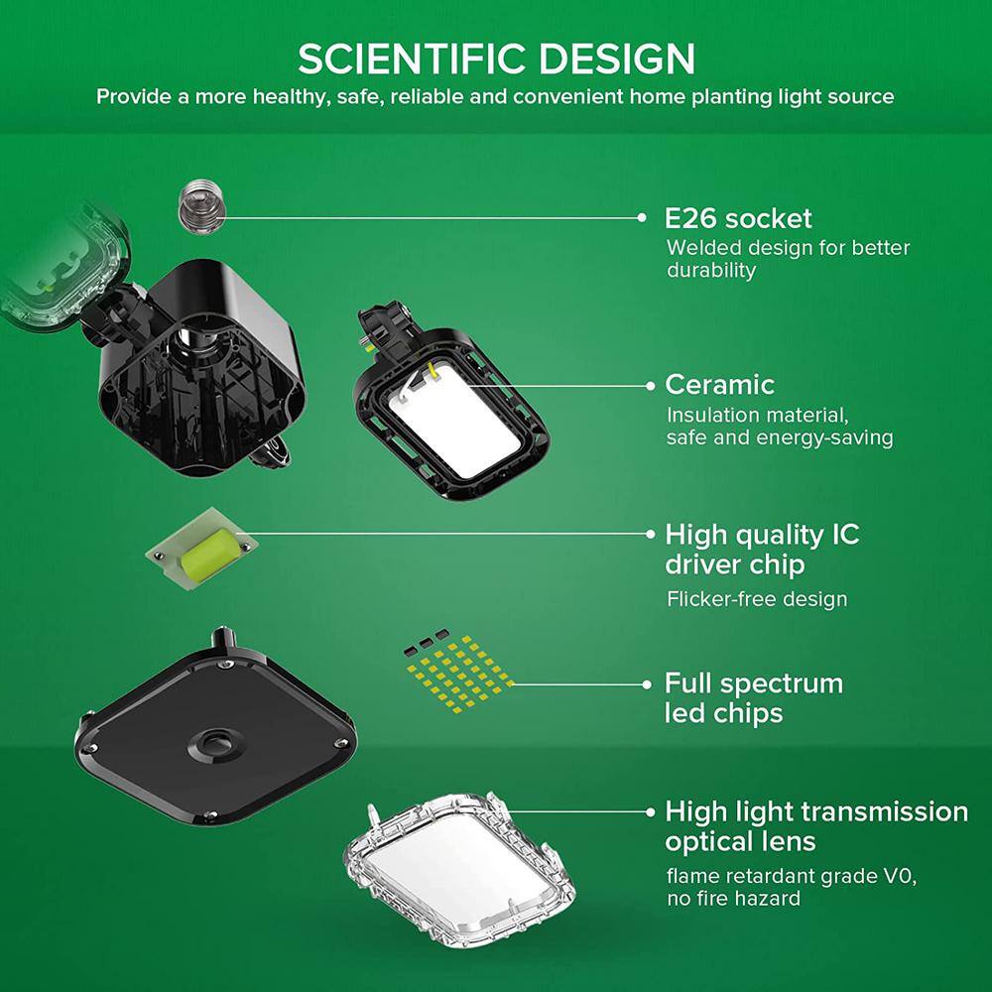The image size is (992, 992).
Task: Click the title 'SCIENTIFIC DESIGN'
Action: coord(496,59)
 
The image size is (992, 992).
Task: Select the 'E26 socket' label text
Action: coord(738,219)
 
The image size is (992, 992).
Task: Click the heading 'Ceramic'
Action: coord(720,385)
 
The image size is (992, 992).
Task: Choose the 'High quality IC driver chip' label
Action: coord(762,550)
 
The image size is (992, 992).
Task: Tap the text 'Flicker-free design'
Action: coord(757,599)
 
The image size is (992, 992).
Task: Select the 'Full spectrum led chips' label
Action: coord(754,698)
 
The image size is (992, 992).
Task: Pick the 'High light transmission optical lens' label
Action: coord(816,826)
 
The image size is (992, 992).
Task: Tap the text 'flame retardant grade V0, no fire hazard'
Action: coord(792,888)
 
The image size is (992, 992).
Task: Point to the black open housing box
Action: coord(201,367)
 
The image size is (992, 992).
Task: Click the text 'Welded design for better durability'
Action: coord(788,259)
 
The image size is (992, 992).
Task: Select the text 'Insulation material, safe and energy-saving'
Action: coord(780,427)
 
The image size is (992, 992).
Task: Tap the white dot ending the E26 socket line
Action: coord(642,217)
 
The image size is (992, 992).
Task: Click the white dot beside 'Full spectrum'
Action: coord(647,684)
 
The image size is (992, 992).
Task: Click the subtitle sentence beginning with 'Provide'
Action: coord(495,97)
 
